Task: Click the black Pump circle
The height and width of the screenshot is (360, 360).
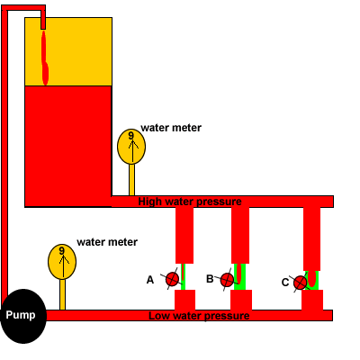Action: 23,316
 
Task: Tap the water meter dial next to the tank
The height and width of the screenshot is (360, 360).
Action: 131,147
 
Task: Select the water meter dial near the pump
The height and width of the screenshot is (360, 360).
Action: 62,262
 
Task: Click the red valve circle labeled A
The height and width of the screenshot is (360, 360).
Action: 172,279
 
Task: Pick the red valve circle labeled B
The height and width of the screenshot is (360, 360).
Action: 227,280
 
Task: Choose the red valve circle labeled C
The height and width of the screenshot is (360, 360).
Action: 301,283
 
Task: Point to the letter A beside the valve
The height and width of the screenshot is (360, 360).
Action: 150,280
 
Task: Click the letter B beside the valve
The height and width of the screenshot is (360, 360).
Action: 210,279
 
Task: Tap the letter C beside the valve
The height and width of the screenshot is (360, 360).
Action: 285,283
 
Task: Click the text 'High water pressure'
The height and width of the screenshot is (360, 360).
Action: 190,202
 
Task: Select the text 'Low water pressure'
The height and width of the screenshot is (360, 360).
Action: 199,316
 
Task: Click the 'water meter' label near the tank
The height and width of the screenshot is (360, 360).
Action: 171,128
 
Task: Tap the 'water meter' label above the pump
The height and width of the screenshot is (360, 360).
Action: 107,242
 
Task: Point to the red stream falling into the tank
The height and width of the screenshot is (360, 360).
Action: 44,58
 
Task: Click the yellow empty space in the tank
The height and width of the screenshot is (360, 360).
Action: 78,51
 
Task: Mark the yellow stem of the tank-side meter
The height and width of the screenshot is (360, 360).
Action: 131,180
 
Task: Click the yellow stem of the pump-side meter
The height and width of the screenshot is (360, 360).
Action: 62,294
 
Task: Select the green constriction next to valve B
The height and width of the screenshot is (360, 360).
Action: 240,276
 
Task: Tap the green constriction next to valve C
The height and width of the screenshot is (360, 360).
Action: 312,280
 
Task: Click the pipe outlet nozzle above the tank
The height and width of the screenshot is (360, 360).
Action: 43,20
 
